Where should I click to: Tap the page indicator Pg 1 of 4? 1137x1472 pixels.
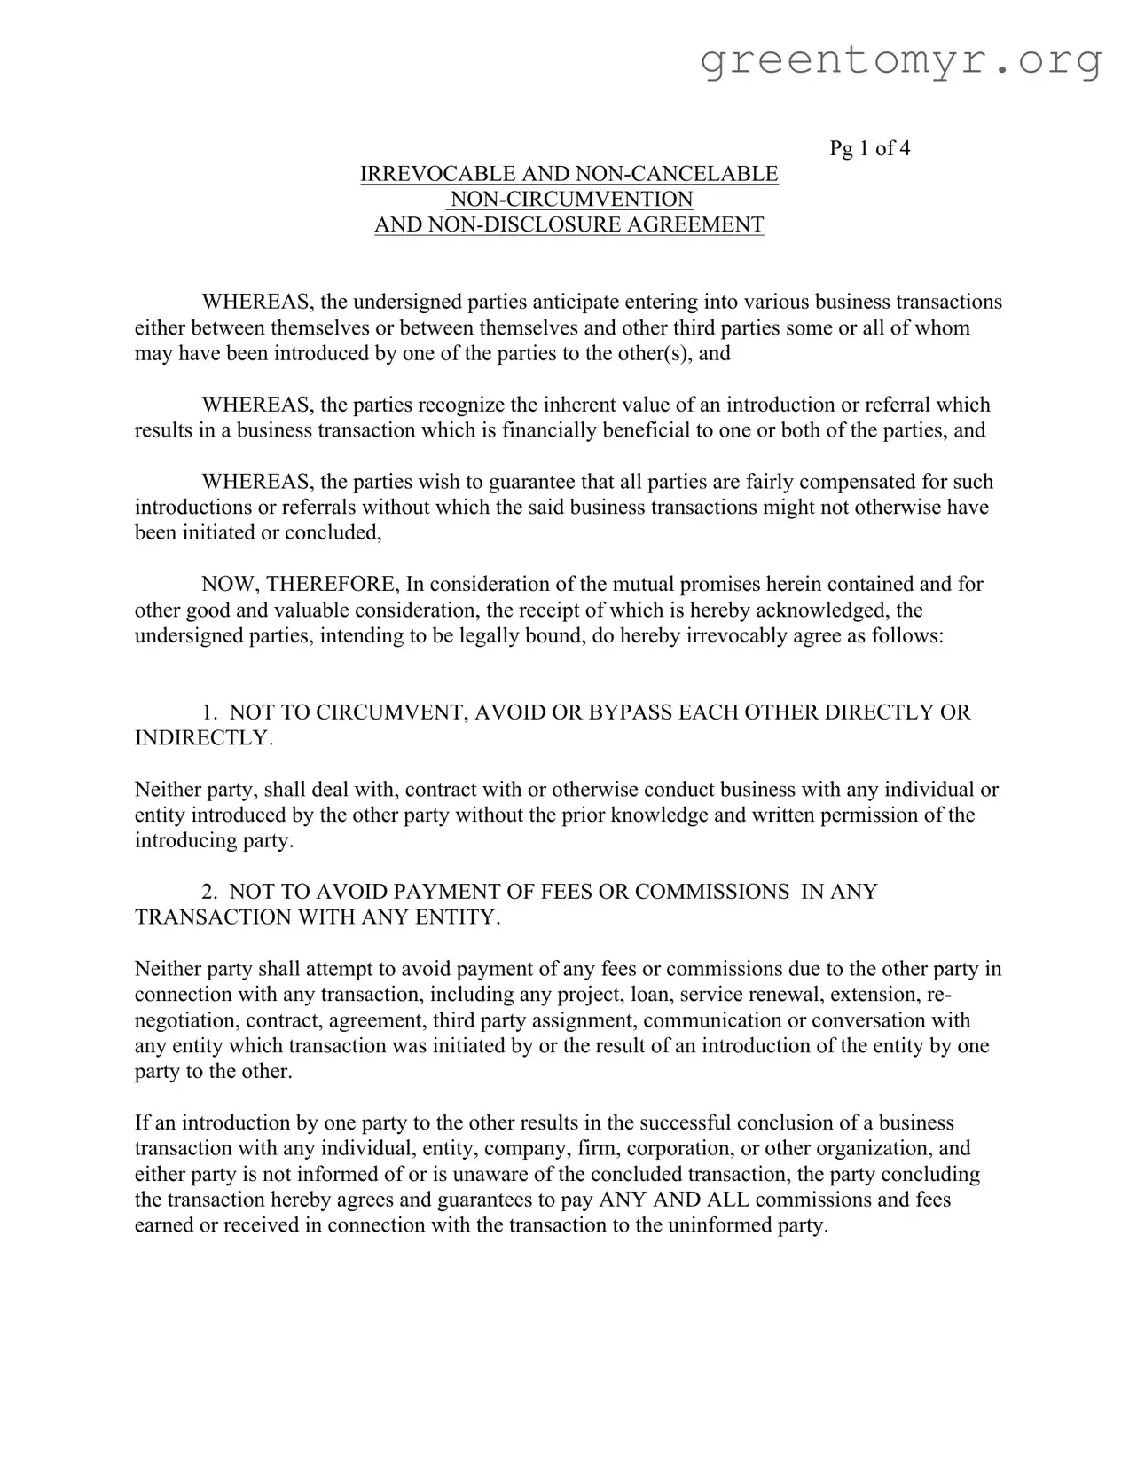(x=869, y=148)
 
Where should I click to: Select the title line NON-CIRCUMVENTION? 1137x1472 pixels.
(x=571, y=200)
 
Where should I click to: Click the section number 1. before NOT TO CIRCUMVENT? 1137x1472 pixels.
(x=209, y=713)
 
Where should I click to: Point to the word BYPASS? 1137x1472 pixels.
(x=628, y=713)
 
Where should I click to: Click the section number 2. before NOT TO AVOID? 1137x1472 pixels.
(x=209, y=893)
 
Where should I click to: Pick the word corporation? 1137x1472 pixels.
(x=679, y=1149)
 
